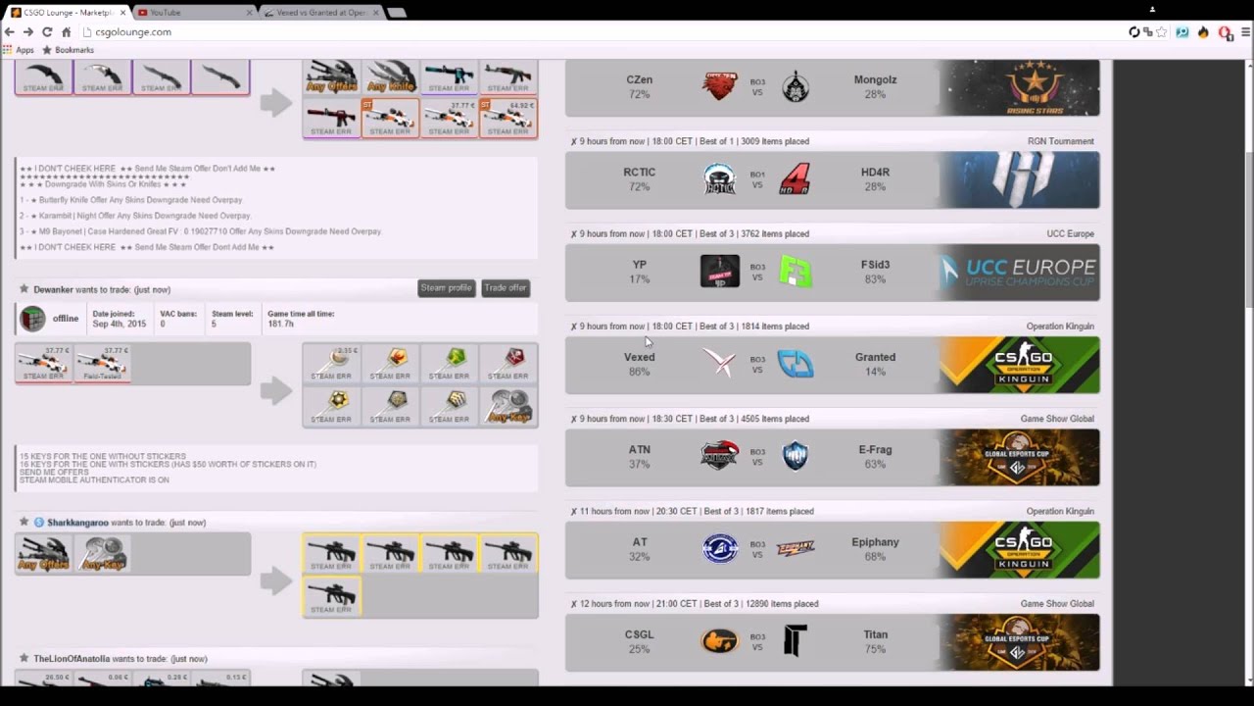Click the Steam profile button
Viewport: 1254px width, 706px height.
446,287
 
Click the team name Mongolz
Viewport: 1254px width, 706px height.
875,79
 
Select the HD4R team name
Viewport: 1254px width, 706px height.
875,172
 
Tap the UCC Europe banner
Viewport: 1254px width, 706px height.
1019,273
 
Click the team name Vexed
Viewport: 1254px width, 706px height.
639,357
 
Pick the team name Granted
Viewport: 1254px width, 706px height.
875,357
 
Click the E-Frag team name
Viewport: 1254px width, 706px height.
875,449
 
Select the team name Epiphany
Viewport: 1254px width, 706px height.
875,541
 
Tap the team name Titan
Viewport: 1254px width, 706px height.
875,634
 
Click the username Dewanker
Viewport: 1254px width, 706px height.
53,289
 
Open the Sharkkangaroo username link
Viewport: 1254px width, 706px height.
77,523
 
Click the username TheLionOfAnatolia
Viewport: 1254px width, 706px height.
72,659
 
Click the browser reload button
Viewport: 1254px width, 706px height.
46,32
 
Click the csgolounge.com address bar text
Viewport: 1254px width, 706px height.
132,32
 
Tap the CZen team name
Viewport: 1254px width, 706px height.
639,79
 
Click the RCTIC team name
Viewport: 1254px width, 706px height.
639,172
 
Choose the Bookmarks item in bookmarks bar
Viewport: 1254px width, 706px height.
74,50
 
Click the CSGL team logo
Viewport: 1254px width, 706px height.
719,642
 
